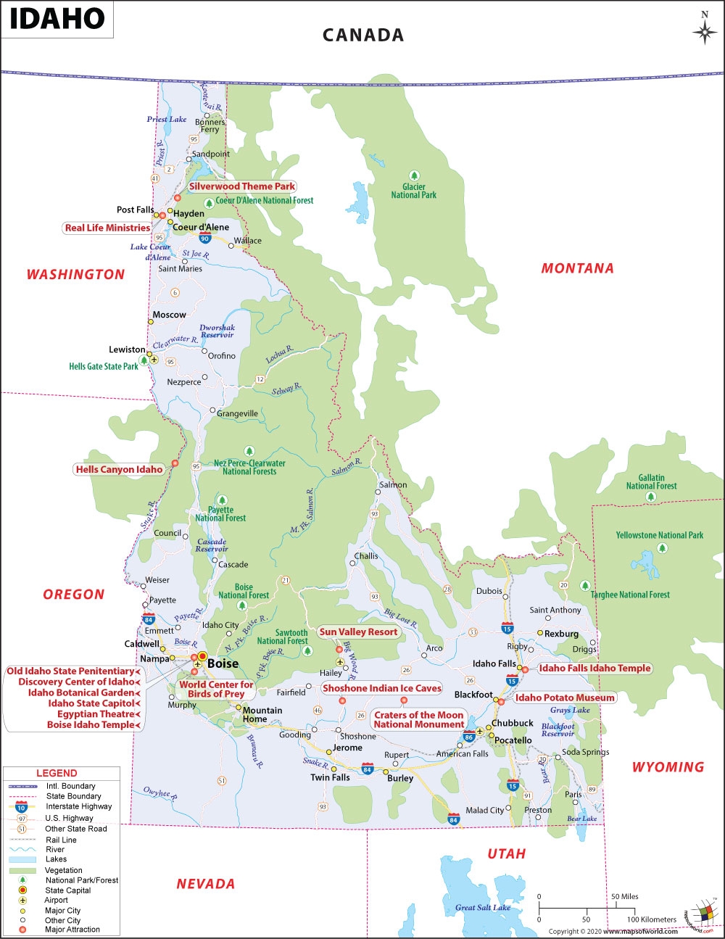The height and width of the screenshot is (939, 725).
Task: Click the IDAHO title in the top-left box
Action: [x=57, y=19]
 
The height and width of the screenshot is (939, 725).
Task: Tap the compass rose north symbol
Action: [x=704, y=30]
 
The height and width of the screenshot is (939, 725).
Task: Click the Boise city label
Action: [x=223, y=663]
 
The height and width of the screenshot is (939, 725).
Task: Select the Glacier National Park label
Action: [x=414, y=191]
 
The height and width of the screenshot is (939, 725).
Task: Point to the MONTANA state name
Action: [x=577, y=268]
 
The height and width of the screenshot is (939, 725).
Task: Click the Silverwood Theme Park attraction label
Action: [x=242, y=186]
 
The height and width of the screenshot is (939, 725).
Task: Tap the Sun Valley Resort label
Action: [x=358, y=632]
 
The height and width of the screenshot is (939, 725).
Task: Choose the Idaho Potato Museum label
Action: [x=565, y=698]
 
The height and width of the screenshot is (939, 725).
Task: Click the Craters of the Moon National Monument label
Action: [x=419, y=719]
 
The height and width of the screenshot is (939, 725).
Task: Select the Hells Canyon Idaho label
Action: [x=120, y=469]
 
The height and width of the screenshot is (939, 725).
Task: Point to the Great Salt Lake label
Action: [x=483, y=907]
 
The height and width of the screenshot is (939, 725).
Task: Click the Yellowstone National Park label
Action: [x=660, y=535]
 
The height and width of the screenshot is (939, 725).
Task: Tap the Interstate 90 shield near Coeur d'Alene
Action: [x=205, y=237]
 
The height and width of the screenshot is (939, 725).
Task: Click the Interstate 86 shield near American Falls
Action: [x=469, y=737]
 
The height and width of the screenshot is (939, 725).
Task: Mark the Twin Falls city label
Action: [x=330, y=777]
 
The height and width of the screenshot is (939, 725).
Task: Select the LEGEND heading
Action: [x=57, y=773]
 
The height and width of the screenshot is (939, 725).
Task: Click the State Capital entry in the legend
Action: [x=68, y=890]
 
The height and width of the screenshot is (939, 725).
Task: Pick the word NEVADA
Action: [x=206, y=884]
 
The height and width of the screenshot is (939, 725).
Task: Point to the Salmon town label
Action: [x=394, y=484]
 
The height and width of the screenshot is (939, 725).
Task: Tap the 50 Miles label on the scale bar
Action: [x=625, y=896]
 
